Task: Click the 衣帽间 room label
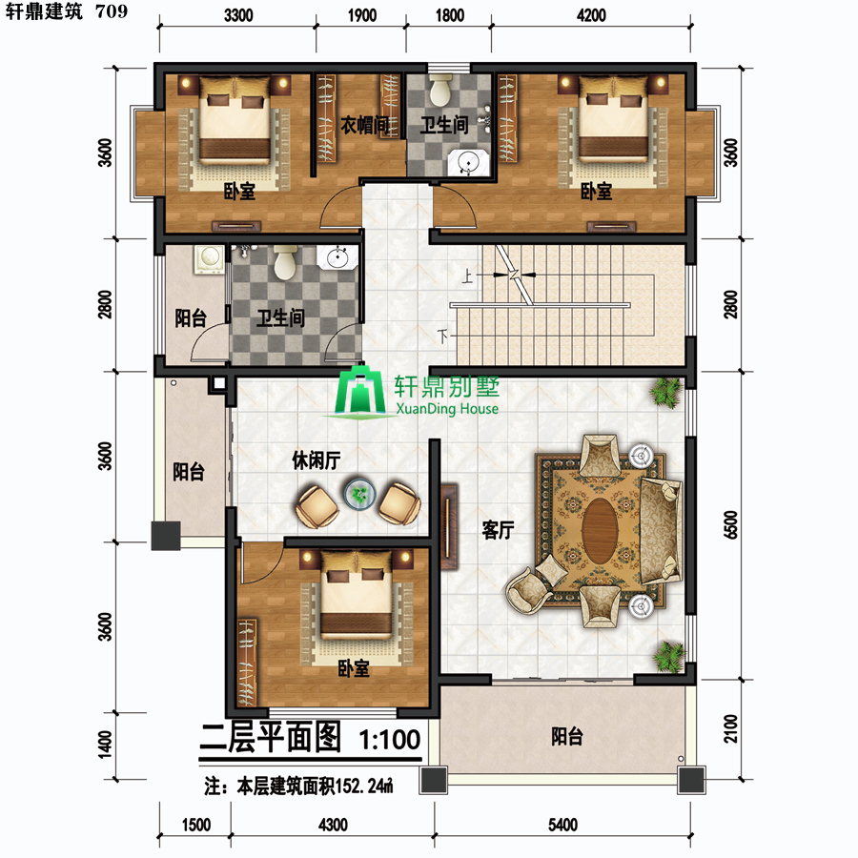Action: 365,125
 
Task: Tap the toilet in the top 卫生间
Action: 440,90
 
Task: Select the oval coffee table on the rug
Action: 600,530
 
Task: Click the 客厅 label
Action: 498,530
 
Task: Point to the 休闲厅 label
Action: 317,460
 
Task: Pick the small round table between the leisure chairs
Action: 359,494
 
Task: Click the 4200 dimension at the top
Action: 591,15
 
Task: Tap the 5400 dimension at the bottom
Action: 562,825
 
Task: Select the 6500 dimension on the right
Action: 730,524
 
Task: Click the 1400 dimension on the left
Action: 105,746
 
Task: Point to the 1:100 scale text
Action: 390,739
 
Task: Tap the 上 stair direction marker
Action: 467,276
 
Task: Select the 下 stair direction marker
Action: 442,336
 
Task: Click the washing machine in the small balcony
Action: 209,258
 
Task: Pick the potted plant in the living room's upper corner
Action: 666,391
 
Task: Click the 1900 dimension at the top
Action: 361,15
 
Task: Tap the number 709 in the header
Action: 112,10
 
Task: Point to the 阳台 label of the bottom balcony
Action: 566,736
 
